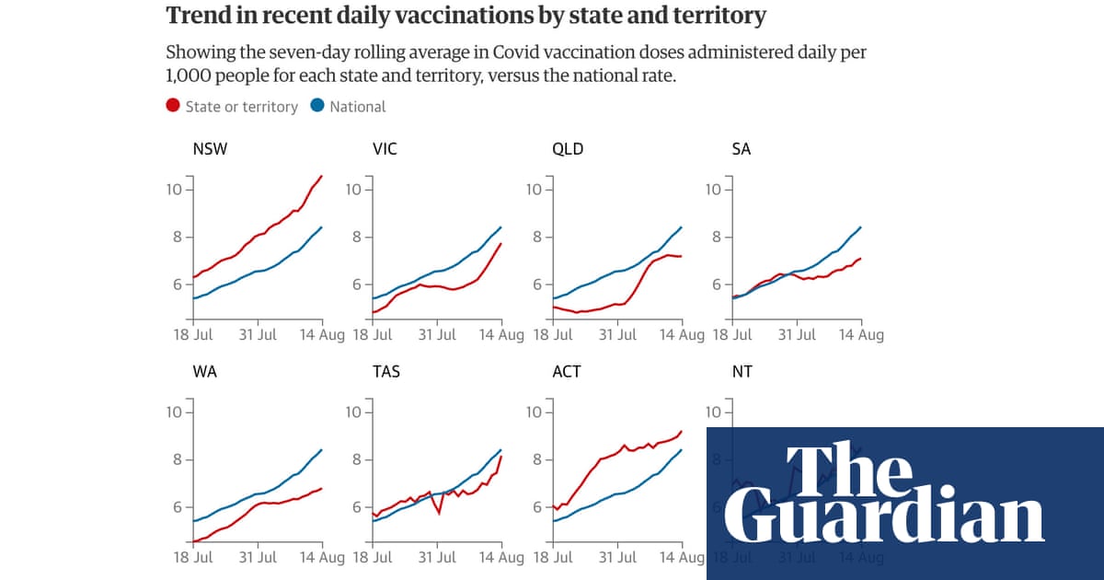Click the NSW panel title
210,149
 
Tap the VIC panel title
385,149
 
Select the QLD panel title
568,149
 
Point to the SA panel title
742,149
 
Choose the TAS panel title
385,372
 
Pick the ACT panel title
567,372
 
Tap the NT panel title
742,372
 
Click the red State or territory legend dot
173,106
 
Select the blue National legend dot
317,106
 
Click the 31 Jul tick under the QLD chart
617,335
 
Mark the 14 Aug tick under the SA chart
861,335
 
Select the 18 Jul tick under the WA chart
193,558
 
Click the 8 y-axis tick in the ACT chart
538,460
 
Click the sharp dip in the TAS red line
439,512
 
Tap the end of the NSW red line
321,176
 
